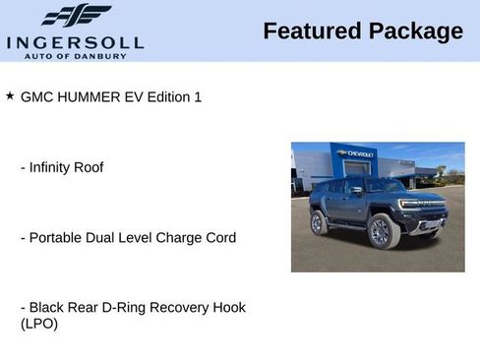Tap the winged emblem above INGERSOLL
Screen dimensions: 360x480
[x=76, y=15]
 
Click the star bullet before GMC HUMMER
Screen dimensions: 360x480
[x=10, y=96]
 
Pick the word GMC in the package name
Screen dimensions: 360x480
[x=36, y=97]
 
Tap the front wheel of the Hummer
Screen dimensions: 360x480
[x=381, y=232]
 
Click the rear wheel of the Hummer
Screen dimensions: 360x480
[x=320, y=222]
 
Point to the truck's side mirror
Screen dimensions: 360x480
[x=356, y=191]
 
